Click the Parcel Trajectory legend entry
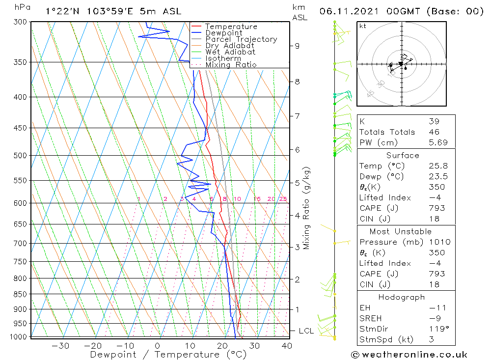pos(241,39)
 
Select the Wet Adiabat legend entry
pos(230,52)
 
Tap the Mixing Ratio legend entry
pos(231,65)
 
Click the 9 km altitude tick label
pos(297,46)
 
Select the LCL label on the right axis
pos(306,331)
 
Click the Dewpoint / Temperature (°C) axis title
pos(162,354)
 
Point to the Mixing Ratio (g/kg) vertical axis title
pos(306,208)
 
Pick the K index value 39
pos(434,121)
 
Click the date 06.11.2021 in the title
pos(352,11)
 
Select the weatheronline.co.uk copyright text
pos(409,355)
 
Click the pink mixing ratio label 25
pos(283,199)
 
